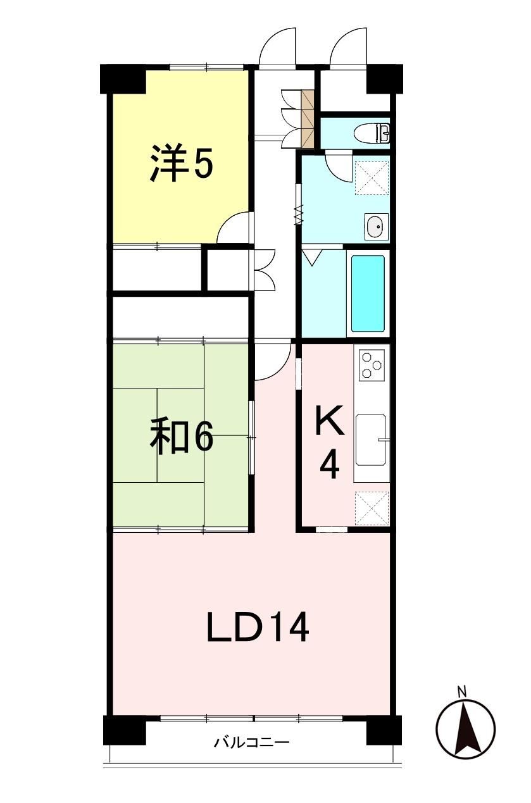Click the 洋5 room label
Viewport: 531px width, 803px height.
coord(182,163)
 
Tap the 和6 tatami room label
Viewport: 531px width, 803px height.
coord(182,438)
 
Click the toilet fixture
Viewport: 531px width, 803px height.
coord(372,134)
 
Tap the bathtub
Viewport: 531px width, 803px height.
coord(368,294)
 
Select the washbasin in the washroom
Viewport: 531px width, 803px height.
coord(376,226)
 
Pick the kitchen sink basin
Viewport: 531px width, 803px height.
coord(371,440)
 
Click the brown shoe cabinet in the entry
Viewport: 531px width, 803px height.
coord(308,119)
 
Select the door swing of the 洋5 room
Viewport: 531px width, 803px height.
coord(233,227)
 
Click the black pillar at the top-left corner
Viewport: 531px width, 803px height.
coord(123,79)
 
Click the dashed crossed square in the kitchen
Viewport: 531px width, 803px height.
coord(372,509)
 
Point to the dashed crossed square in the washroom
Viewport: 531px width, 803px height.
coord(372,178)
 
